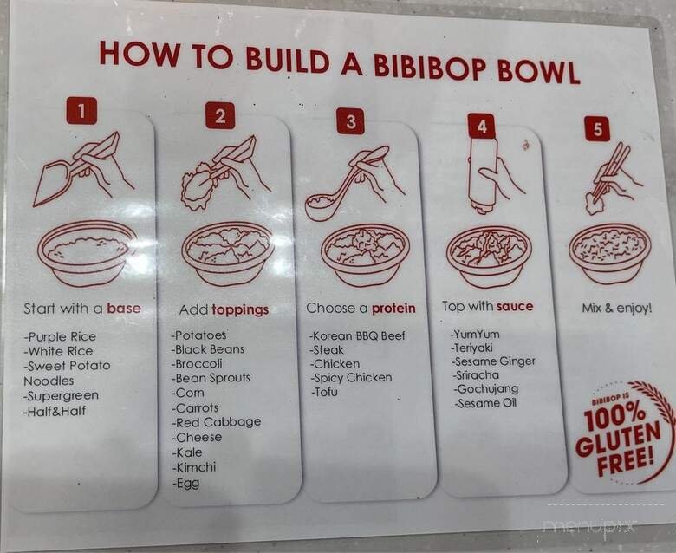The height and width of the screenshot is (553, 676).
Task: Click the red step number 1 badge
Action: [x=82, y=111]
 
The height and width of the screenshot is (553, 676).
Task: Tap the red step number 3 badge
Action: [x=350, y=120]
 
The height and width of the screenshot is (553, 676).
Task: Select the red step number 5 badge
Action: [x=596, y=128]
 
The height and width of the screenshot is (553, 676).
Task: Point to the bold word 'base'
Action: [x=123, y=308]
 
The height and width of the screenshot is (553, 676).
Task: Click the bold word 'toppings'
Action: [x=240, y=309]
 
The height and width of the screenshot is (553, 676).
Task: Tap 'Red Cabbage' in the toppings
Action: [x=216, y=422]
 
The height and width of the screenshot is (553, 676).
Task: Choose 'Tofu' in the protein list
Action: [x=325, y=392]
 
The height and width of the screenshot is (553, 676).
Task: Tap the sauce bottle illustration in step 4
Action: [x=484, y=174]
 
